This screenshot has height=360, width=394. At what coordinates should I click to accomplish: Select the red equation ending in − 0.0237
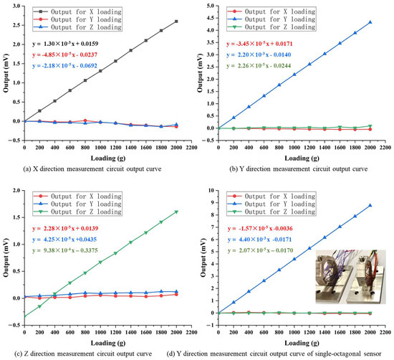[x=79, y=55]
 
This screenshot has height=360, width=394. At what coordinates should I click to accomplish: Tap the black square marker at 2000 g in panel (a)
[x=176, y=22]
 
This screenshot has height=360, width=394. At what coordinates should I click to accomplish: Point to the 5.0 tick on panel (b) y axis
[x=211, y=5]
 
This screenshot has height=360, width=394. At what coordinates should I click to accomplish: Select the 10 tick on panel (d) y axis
[x=214, y=191]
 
